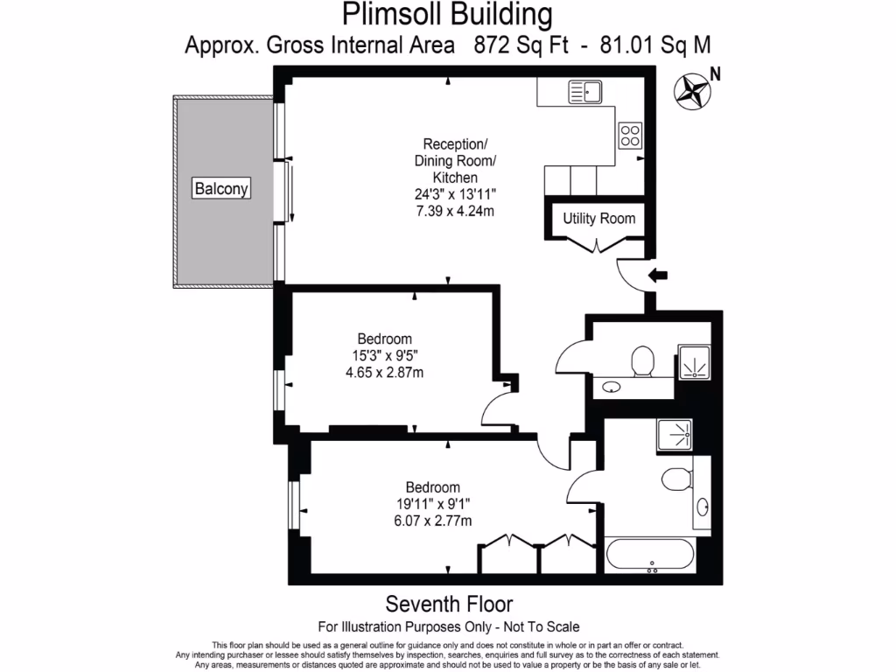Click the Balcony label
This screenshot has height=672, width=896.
point(221,188)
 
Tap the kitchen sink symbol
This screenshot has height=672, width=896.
point(585,92)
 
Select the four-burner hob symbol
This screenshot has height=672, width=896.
point(630,136)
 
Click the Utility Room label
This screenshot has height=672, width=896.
point(598,218)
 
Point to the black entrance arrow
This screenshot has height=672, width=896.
point(658,276)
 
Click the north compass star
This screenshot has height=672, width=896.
point(692,91)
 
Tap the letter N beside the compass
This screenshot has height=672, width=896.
point(715,74)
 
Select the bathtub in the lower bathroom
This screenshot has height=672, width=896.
point(650,554)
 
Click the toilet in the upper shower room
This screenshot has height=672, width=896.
point(643,361)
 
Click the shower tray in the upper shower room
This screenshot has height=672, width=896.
point(694,361)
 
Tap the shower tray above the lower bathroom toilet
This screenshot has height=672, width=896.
point(675,435)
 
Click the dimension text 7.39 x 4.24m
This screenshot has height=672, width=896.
point(455,211)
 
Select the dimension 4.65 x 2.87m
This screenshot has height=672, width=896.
point(385,373)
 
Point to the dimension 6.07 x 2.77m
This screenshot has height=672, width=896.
point(432,521)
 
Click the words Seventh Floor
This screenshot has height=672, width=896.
point(449,604)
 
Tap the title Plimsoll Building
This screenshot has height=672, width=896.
point(447,14)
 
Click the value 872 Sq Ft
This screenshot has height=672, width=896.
point(521,45)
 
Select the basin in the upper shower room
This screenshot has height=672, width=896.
point(612,388)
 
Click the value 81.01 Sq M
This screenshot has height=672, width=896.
point(655,45)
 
